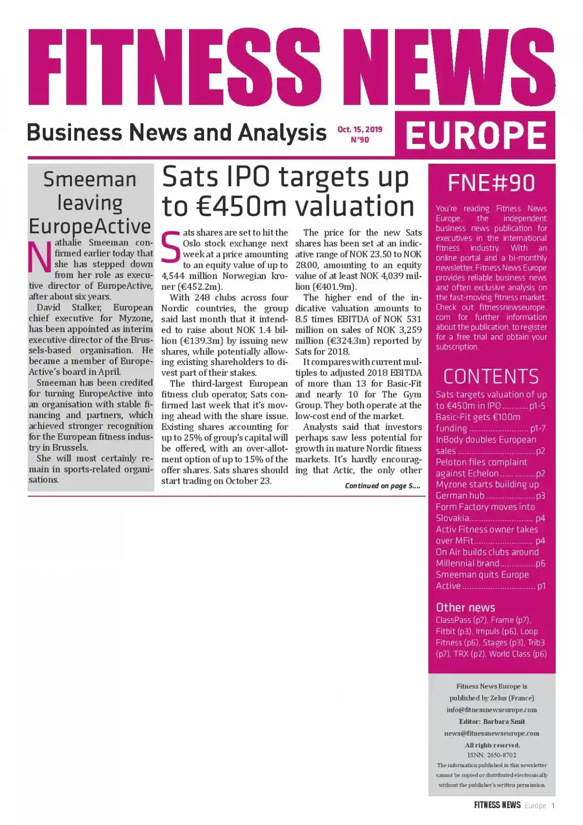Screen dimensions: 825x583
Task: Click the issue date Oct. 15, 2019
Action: tap(360, 129)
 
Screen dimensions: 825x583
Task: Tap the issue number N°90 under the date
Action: tap(360, 140)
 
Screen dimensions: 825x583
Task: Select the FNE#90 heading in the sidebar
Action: tap(491, 183)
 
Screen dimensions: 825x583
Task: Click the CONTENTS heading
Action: tap(491, 377)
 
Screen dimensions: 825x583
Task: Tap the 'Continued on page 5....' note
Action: tap(382, 486)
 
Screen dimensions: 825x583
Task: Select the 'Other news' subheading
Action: tap(465, 607)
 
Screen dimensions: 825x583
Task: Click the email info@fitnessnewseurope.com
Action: tap(492, 710)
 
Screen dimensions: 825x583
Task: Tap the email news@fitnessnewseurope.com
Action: tap(492, 733)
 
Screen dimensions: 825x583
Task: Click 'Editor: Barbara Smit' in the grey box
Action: tap(492, 721)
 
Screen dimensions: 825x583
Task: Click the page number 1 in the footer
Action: tap(552, 806)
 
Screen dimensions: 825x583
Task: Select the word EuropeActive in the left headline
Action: tap(90, 227)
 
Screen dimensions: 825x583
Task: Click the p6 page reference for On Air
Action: tap(540, 563)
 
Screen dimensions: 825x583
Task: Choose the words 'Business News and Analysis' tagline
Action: tap(176, 132)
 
